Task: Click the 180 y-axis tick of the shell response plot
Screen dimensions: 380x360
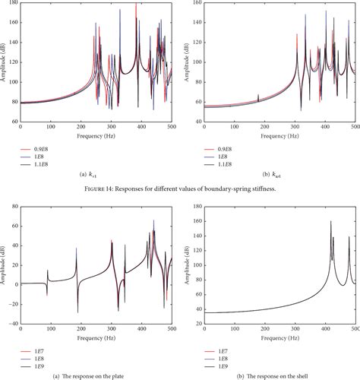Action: click(195, 204)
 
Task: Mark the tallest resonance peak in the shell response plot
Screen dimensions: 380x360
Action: click(330, 221)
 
